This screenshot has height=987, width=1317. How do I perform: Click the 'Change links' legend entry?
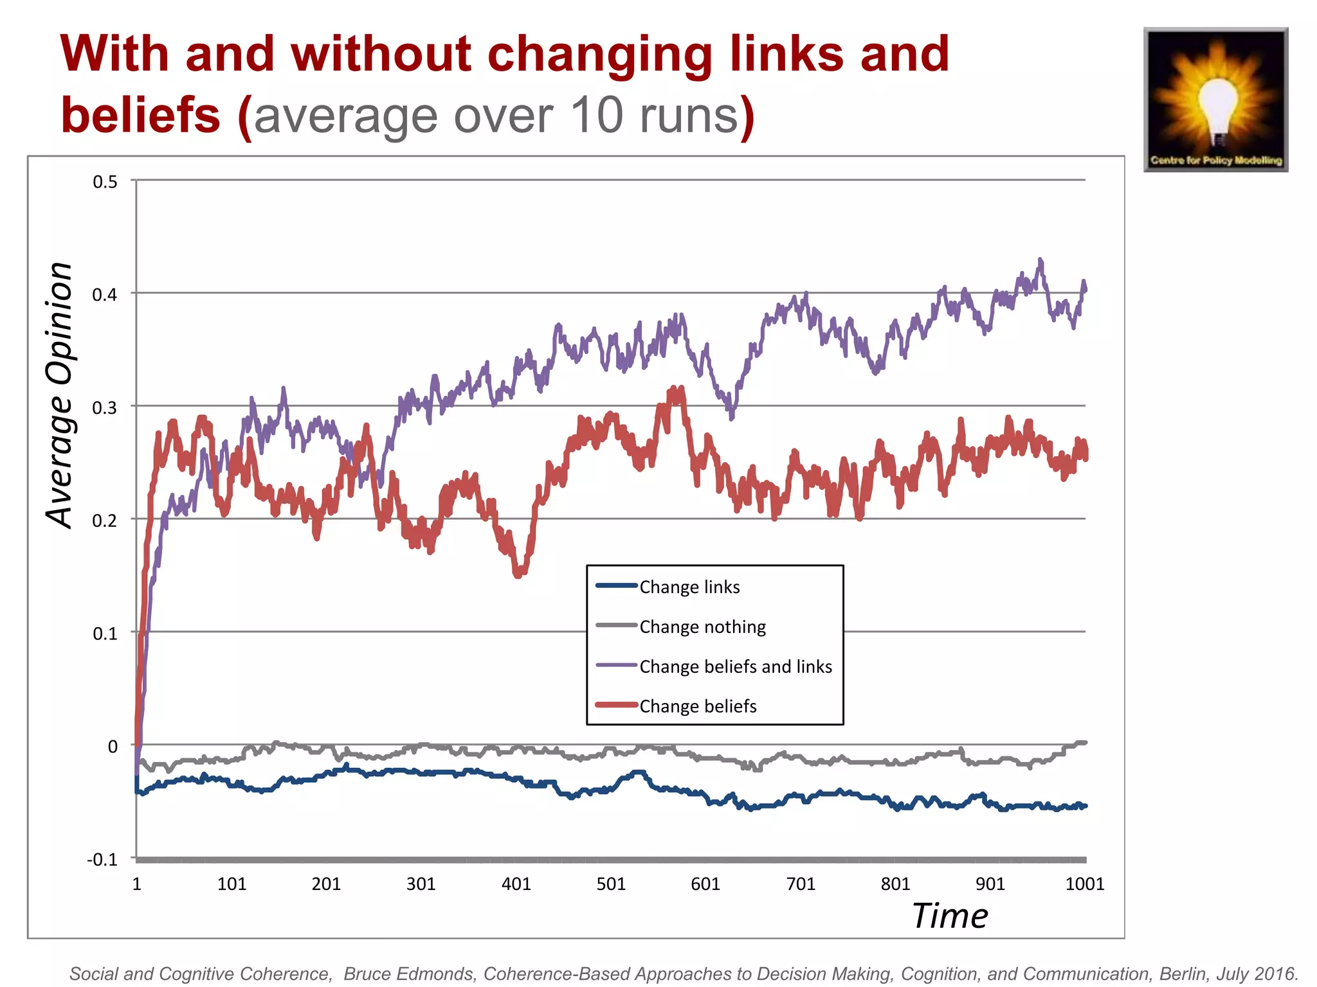tap(689, 587)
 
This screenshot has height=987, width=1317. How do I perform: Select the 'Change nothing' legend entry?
tap(702, 627)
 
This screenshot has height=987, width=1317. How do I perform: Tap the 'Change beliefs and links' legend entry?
tap(735, 666)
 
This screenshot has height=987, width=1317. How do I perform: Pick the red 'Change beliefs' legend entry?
tap(697, 706)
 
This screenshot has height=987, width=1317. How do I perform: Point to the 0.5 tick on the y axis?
tap(105, 182)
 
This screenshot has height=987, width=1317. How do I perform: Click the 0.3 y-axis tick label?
tap(105, 408)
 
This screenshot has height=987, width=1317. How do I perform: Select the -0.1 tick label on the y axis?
tap(103, 860)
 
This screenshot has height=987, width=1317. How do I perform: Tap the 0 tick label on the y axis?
tap(113, 747)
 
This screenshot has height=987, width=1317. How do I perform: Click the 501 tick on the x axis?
tap(611, 884)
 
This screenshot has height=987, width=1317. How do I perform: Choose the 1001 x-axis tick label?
tap(1085, 884)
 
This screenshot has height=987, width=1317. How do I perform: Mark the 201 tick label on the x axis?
tap(326, 884)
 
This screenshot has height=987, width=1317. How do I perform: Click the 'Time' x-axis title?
tap(950, 916)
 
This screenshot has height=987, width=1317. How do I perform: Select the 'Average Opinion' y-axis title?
tap(60, 395)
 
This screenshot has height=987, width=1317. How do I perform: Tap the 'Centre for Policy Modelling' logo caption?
tap(1216, 160)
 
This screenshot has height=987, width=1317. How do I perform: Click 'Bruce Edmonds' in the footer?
tap(410, 974)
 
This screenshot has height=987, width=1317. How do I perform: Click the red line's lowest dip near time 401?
tap(519, 574)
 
